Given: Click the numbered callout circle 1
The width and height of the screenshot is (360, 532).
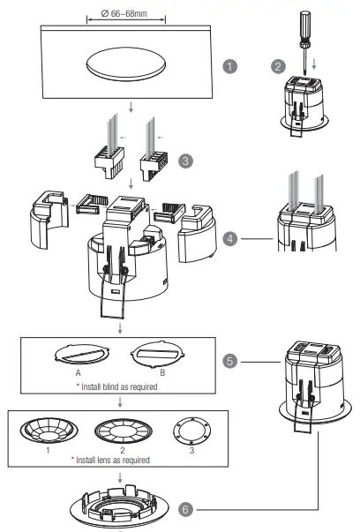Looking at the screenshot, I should coord(231,67).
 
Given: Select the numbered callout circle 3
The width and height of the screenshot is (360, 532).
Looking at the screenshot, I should coord(185,161).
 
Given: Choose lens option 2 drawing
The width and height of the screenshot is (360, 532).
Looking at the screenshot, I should coord(121,433).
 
